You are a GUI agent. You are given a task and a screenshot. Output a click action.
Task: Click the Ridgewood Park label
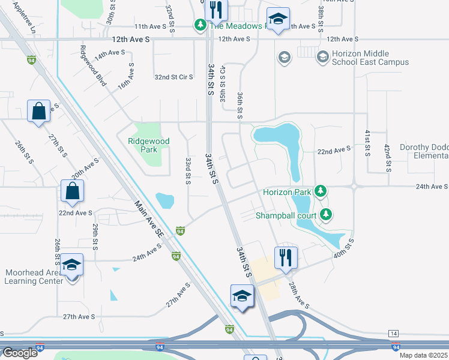148,146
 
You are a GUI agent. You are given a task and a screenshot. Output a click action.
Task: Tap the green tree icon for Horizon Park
321,191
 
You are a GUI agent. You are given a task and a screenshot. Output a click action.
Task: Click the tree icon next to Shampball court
326,214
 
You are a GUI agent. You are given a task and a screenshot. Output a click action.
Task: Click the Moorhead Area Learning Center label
34,277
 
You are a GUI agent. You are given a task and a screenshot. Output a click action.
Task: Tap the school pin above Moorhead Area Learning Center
71,266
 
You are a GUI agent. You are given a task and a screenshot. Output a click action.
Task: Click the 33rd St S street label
188,171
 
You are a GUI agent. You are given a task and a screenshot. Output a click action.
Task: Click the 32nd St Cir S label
173,77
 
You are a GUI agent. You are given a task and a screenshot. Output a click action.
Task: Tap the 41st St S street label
367,143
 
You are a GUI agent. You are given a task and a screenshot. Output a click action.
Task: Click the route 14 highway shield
394,333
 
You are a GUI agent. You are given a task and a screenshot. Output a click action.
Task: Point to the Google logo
20,353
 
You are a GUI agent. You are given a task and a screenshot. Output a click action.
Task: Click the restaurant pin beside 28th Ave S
285,258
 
